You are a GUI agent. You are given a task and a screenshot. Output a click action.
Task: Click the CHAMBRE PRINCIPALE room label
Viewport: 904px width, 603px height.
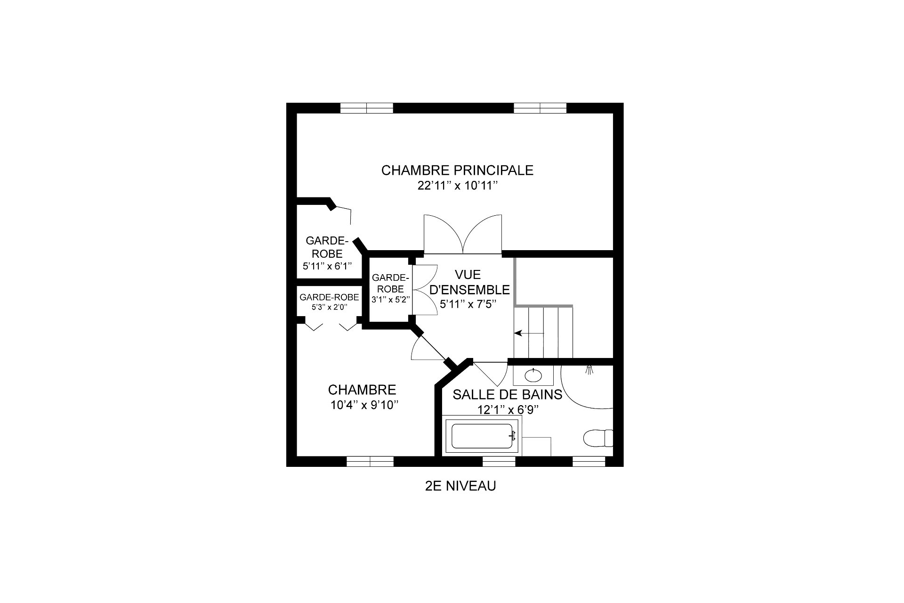457,170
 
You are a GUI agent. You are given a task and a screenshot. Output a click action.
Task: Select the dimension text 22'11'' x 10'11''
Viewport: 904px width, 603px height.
458,186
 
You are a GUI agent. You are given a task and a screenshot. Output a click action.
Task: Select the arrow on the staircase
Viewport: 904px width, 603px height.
529,333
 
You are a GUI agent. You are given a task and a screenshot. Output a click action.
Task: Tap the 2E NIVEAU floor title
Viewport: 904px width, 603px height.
460,486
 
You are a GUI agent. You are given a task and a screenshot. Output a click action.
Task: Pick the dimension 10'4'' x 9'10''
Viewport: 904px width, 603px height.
364,405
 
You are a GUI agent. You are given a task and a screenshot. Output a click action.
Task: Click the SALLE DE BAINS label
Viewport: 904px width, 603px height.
508,394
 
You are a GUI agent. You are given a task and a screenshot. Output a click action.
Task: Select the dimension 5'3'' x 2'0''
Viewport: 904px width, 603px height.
329,307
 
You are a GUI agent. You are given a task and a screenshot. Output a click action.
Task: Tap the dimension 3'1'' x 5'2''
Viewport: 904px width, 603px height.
391,299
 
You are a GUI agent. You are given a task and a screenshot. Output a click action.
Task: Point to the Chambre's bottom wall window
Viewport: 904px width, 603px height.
370,461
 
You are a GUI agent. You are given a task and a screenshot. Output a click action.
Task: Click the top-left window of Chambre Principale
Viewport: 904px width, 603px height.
366,108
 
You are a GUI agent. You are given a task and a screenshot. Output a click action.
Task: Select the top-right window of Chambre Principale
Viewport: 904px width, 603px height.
540,108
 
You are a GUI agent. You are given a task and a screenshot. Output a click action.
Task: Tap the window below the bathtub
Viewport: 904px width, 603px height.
499,461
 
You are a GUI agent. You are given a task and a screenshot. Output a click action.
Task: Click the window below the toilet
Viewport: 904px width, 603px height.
589,461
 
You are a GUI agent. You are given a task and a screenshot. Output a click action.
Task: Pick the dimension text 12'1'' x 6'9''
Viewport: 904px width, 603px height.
508,410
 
